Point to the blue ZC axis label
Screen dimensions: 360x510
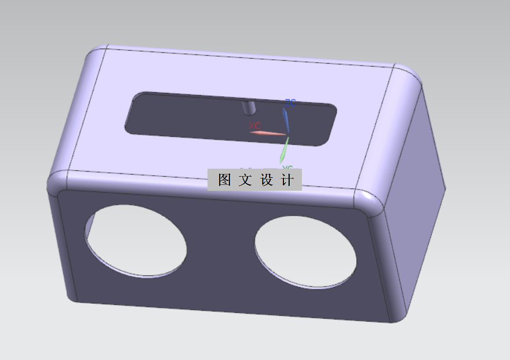click(x=290, y=103)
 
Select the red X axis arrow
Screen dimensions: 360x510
click(x=268, y=134)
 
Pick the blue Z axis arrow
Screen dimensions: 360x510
click(x=286, y=119)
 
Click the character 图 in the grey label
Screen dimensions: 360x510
click(x=224, y=180)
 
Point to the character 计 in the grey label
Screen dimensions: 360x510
click(x=287, y=180)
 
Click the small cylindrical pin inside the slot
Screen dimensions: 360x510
click(x=249, y=107)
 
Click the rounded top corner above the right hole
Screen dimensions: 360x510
click(x=371, y=200)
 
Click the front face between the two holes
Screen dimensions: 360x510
click(x=220, y=255)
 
